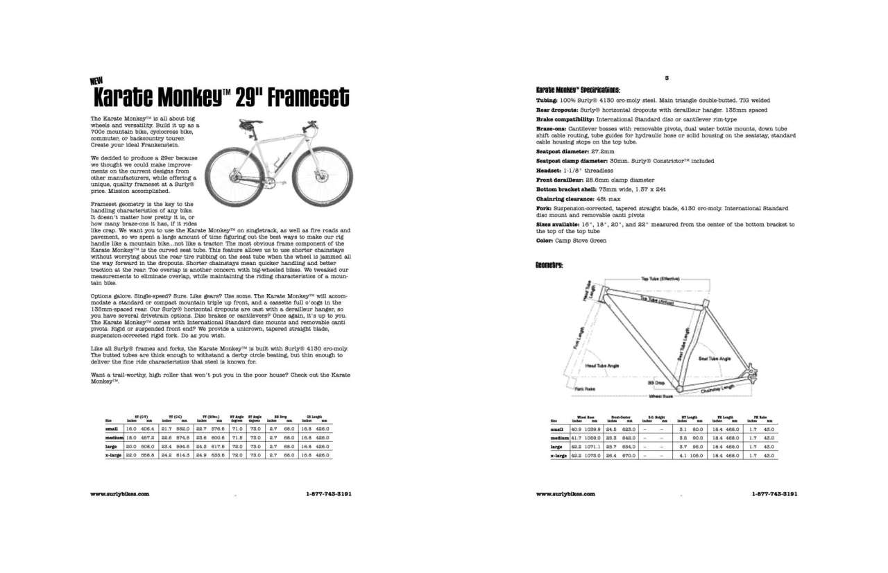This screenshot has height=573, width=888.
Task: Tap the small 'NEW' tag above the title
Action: (x=97, y=80)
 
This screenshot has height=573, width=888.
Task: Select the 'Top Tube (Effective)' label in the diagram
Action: (x=659, y=279)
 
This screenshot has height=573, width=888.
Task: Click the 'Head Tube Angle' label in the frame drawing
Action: (x=602, y=365)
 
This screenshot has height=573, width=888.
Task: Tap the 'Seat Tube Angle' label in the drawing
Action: (x=715, y=358)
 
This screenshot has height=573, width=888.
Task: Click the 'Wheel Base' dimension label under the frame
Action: (x=660, y=396)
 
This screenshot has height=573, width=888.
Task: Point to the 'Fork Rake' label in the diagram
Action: (x=585, y=389)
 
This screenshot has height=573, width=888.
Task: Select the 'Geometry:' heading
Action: (x=549, y=265)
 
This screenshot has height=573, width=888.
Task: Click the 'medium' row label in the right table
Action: (x=559, y=439)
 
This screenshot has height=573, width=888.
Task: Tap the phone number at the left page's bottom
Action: (x=329, y=494)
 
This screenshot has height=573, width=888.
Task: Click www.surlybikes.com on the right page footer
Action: (x=566, y=494)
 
